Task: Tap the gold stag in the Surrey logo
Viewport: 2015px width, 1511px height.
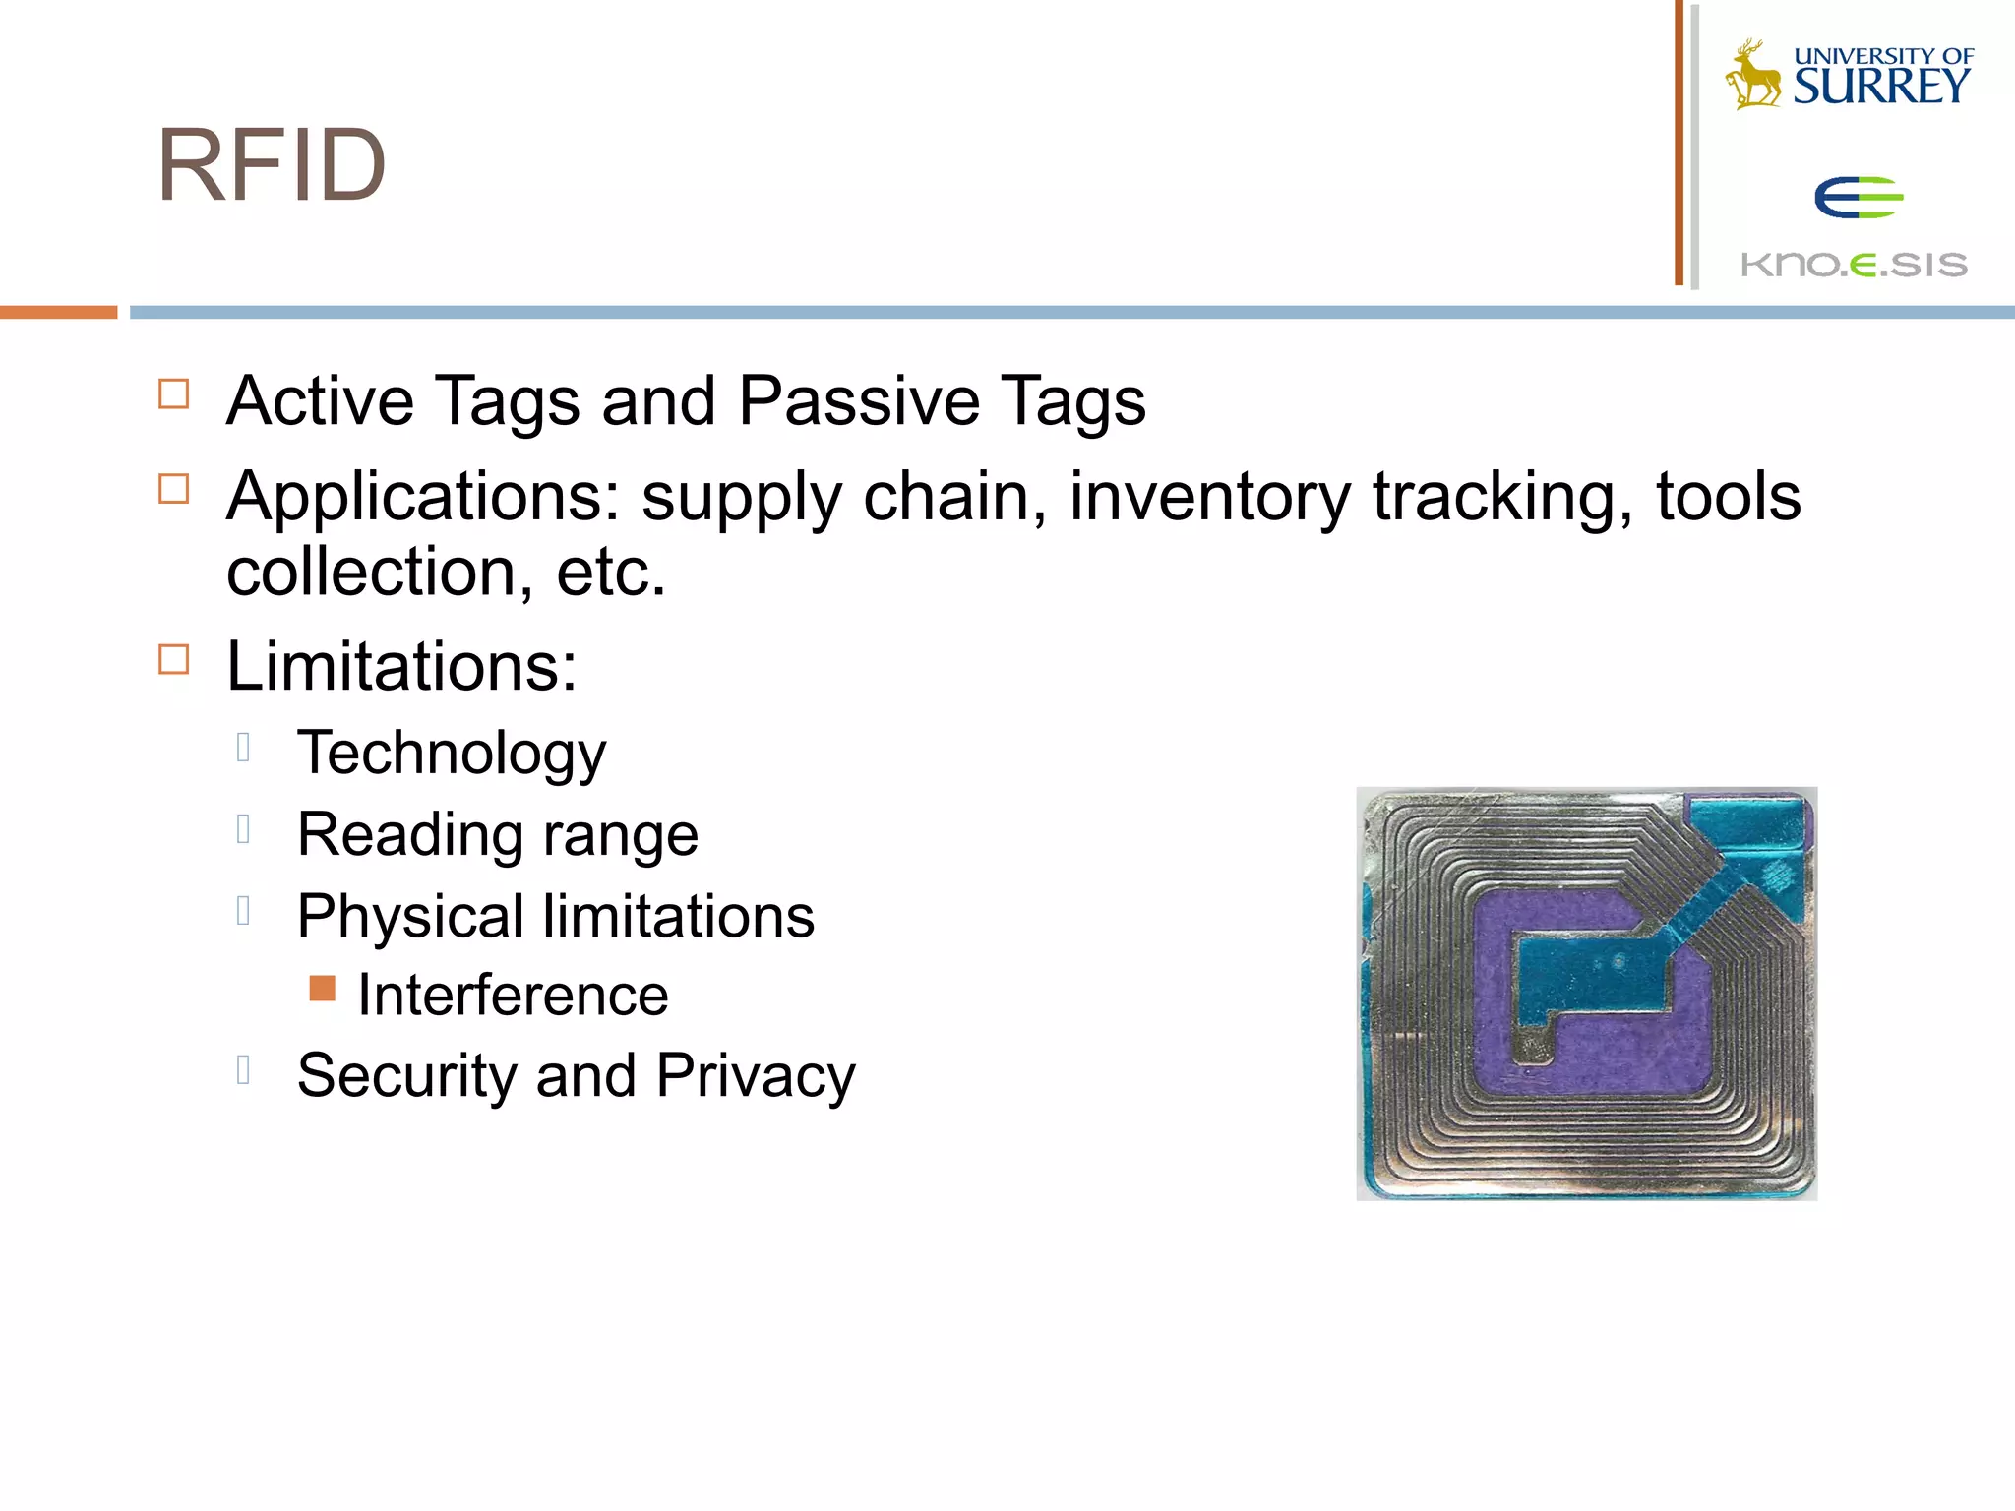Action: point(1753,77)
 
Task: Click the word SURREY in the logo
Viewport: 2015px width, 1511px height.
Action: point(1881,87)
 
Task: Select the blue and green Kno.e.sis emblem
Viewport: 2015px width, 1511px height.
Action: point(1858,198)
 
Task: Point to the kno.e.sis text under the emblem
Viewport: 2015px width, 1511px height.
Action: point(1854,265)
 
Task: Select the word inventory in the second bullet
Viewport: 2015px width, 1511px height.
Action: point(1210,496)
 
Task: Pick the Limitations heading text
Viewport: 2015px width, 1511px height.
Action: point(401,667)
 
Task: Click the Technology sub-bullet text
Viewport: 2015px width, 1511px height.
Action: point(452,754)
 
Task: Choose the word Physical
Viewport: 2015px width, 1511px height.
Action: point(410,917)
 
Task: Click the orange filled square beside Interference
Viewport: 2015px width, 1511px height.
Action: point(322,989)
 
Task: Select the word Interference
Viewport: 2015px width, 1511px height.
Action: point(513,995)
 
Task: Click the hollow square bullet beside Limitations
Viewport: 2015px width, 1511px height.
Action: point(174,659)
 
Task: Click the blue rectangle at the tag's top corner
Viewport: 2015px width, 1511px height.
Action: point(1748,821)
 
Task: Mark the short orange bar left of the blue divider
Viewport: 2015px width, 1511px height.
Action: point(58,312)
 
